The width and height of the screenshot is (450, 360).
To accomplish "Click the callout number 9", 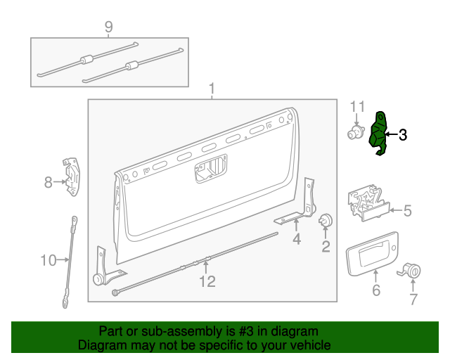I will tap(108, 27).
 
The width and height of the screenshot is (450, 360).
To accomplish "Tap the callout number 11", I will tap(358, 107).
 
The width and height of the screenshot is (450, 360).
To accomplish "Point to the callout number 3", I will tap(403, 135).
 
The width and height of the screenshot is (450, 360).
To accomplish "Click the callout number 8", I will tap(48, 183).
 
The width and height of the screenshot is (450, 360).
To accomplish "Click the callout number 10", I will tap(48, 261).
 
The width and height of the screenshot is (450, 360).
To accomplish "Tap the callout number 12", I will tap(207, 282).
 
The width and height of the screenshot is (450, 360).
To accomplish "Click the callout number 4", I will tap(297, 240).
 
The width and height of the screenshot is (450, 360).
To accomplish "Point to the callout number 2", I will tap(326, 245).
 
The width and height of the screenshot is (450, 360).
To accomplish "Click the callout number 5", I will tap(407, 210).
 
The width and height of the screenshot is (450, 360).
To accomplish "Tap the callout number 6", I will tap(375, 290).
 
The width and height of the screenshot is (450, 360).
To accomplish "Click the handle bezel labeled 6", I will tap(372, 255).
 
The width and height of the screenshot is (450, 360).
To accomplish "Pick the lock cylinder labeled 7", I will tap(412, 271).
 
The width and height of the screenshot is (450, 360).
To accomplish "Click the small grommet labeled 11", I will tap(354, 132).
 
